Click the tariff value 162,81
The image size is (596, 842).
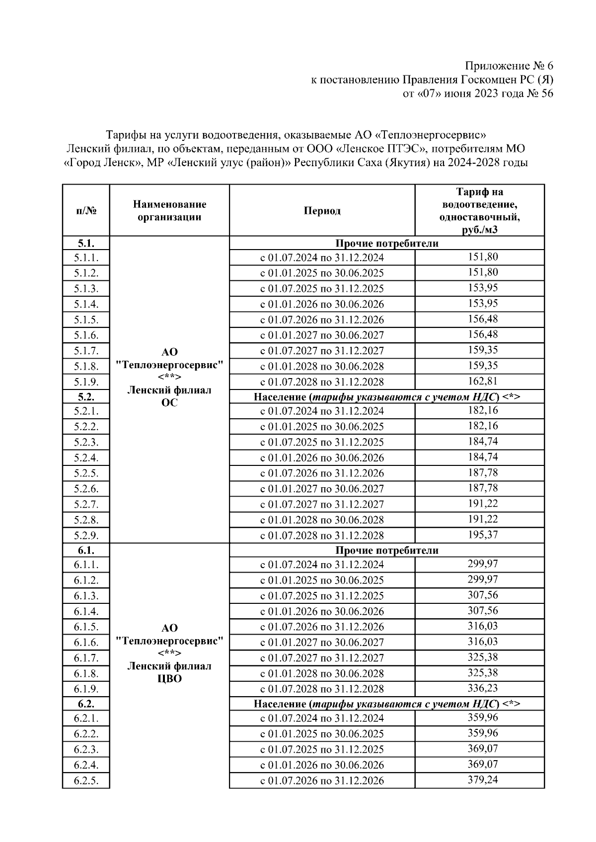coord(482,381)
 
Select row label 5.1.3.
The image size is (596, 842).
coord(86,288)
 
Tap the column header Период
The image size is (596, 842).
coord(322,210)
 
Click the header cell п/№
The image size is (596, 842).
coord(86,210)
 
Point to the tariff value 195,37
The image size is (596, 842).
coord(482,534)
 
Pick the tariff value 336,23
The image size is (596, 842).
coord(482,688)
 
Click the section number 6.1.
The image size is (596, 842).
coord(86,550)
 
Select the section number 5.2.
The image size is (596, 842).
coord(86,396)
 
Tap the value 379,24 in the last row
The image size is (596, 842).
coord(482,779)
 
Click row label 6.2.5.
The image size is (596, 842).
coord(86,780)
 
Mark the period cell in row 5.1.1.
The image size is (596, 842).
coord(322,258)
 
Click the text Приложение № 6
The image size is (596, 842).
coord(509,66)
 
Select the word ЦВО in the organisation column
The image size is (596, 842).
coord(169,679)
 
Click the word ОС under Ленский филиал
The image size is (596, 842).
coord(169,403)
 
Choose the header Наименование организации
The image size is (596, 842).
coord(169,210)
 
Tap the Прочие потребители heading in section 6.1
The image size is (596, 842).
coord(386,550)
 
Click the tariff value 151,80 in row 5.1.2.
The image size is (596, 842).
coord(482,272)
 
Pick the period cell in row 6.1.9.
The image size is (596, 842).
coord(322,689)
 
